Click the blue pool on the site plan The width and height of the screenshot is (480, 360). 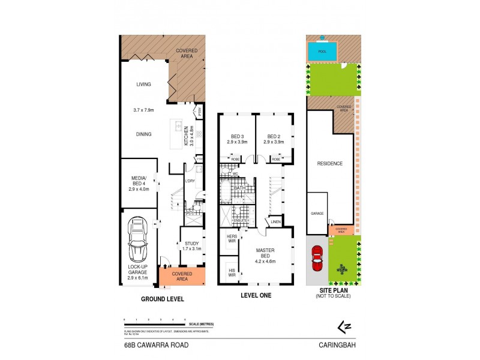point(322,52)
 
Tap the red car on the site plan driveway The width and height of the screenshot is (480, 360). point(318,259)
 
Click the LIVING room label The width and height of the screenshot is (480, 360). point(143,85)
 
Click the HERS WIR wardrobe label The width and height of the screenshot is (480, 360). point(232,239)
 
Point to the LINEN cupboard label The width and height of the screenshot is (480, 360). point(276,223)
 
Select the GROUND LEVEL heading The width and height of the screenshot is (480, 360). point(162,298)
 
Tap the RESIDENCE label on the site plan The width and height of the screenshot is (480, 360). point(330,163)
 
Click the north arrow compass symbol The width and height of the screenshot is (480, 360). point(344,326)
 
